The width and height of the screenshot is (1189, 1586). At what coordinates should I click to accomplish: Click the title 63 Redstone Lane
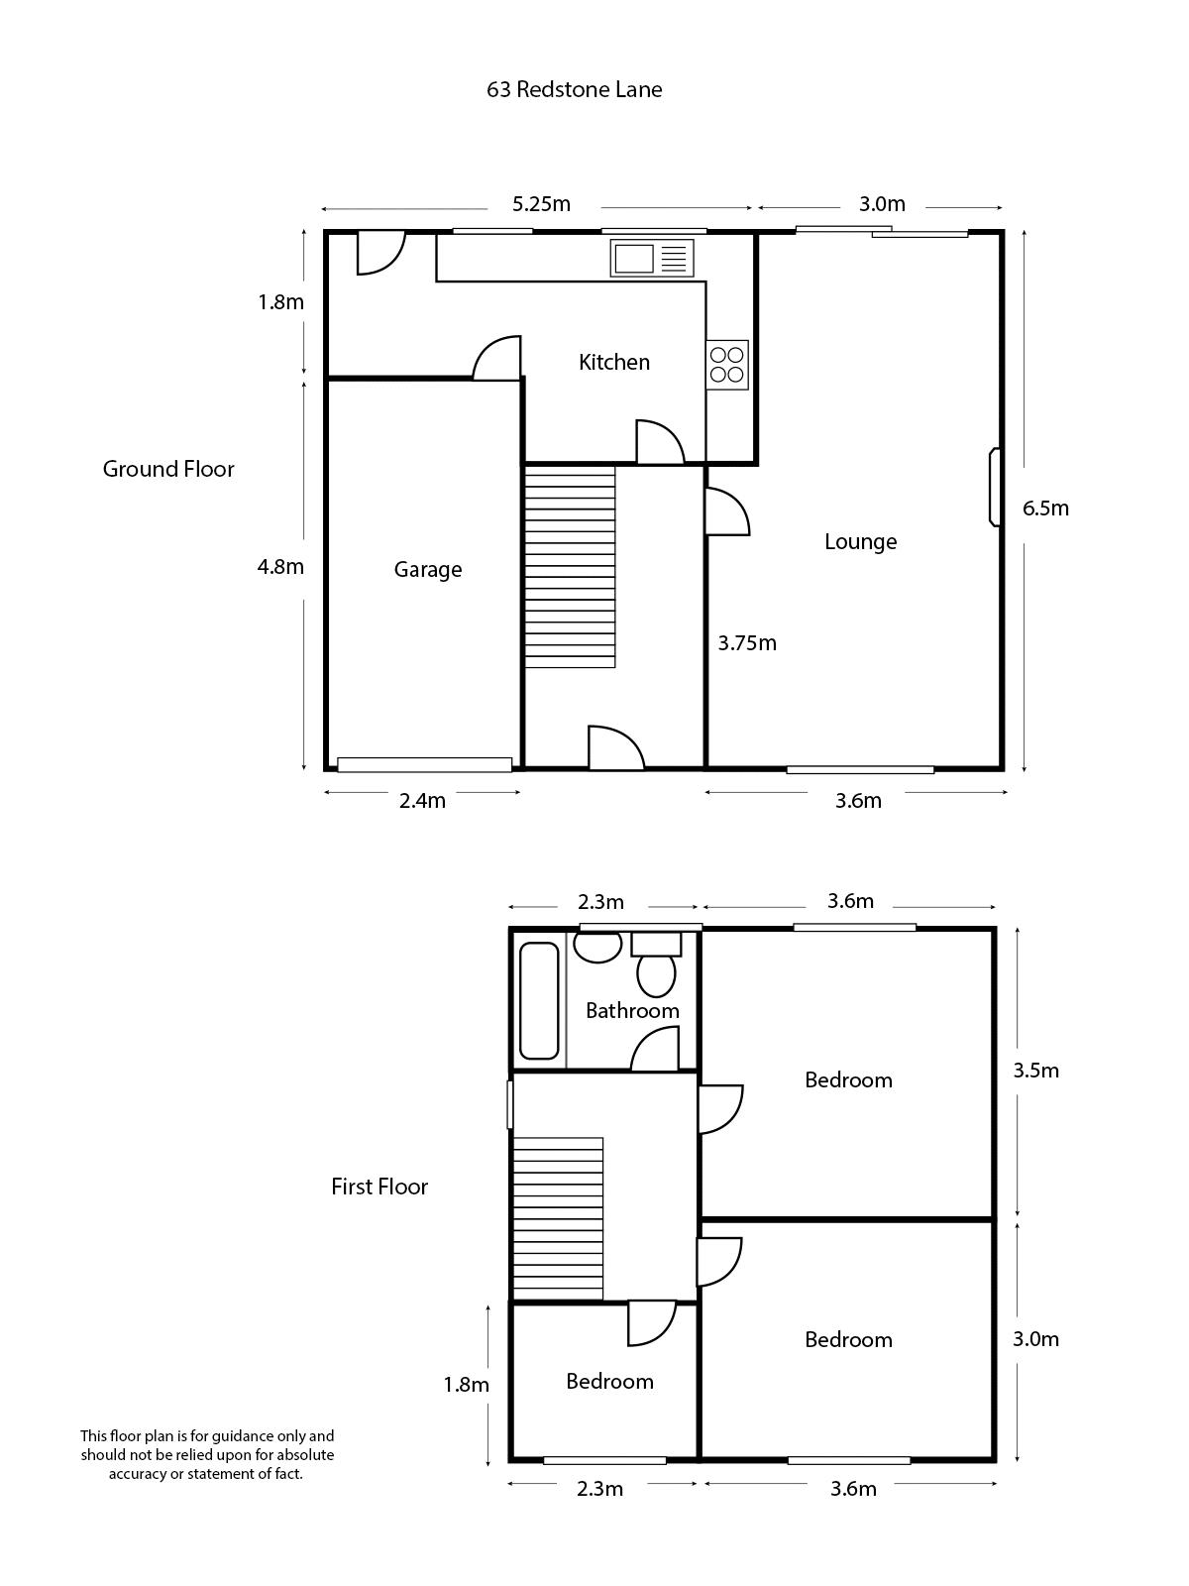tap(574, 89)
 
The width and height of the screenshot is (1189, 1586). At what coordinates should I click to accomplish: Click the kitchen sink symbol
tap(652, 259)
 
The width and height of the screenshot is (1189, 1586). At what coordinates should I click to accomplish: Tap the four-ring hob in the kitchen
tap(726, 364)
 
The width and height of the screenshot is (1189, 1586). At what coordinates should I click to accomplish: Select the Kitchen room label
tap(614, 362)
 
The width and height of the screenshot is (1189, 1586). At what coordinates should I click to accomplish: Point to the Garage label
tap(427, 569)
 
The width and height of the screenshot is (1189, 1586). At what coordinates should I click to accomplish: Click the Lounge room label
tap(860, 541)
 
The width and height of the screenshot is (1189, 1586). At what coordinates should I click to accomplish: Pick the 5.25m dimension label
tap(541, 204)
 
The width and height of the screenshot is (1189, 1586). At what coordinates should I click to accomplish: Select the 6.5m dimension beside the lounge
tap(1045, 509)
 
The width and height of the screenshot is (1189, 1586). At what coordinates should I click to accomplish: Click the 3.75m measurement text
tap(747, 643)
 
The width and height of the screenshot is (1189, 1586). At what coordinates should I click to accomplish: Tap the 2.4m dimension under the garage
tap(422, 801)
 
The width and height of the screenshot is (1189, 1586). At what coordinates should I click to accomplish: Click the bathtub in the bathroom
tap(540, 999)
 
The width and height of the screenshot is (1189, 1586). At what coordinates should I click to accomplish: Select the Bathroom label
tap(632, 1011)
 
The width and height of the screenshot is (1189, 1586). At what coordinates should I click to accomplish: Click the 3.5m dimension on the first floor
tap(1035, 1071)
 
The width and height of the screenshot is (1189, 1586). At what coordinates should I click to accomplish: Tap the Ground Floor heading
tap(168, 469)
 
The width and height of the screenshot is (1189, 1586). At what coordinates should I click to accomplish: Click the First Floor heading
tap(379, 1187)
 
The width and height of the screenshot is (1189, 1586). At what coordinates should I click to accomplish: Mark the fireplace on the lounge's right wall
tap(994, 487)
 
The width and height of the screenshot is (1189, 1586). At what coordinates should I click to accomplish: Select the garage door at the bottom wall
tap(424, 764)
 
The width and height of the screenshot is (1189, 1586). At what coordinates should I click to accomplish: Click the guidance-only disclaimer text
tap(207, 1454)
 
